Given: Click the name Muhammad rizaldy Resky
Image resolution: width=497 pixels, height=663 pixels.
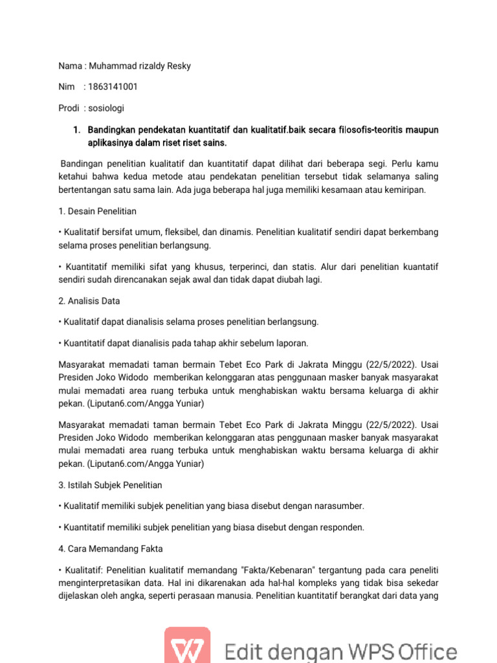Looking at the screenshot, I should coord(139,67).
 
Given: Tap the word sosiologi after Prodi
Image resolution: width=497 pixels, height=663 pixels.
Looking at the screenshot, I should coord(106,107).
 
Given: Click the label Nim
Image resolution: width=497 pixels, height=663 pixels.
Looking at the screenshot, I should coord(66,87).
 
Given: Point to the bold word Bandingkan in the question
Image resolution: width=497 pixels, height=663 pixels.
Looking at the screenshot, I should coord(113,130).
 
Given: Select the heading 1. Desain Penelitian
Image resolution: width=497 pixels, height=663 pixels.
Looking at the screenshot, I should coord(97,211).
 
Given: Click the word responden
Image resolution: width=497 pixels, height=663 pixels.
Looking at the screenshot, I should coord(341,527).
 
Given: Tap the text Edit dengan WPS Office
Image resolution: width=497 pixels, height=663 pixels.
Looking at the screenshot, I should coord(340,651).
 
